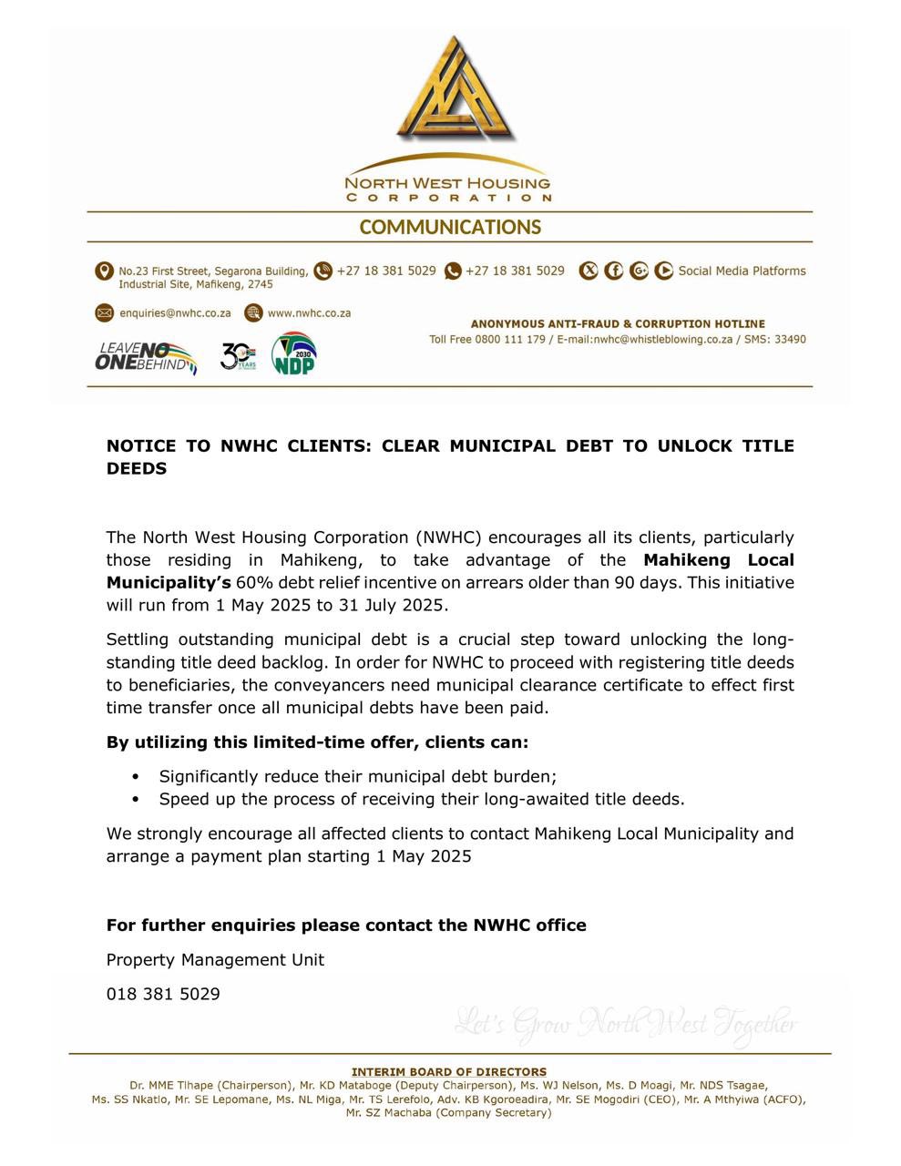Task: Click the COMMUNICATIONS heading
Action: [450, 227]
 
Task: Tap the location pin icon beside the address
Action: [104, 271]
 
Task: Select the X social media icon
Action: [589, 271]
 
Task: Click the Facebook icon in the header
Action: [614, 271]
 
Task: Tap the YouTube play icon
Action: [663, 271]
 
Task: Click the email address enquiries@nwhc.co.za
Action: [175, 312]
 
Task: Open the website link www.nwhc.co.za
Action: [309, 312]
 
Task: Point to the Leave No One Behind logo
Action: [146, 357]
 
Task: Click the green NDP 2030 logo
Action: [293, 354]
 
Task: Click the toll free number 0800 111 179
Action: [509, 339]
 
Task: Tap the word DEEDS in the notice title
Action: [137, 468]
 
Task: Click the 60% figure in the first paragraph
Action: [252, 582]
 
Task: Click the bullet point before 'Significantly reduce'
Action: [136, 777]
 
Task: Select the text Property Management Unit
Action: [215, 959]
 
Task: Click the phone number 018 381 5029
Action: [163, 994]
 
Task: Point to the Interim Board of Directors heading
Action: [449, 1071]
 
